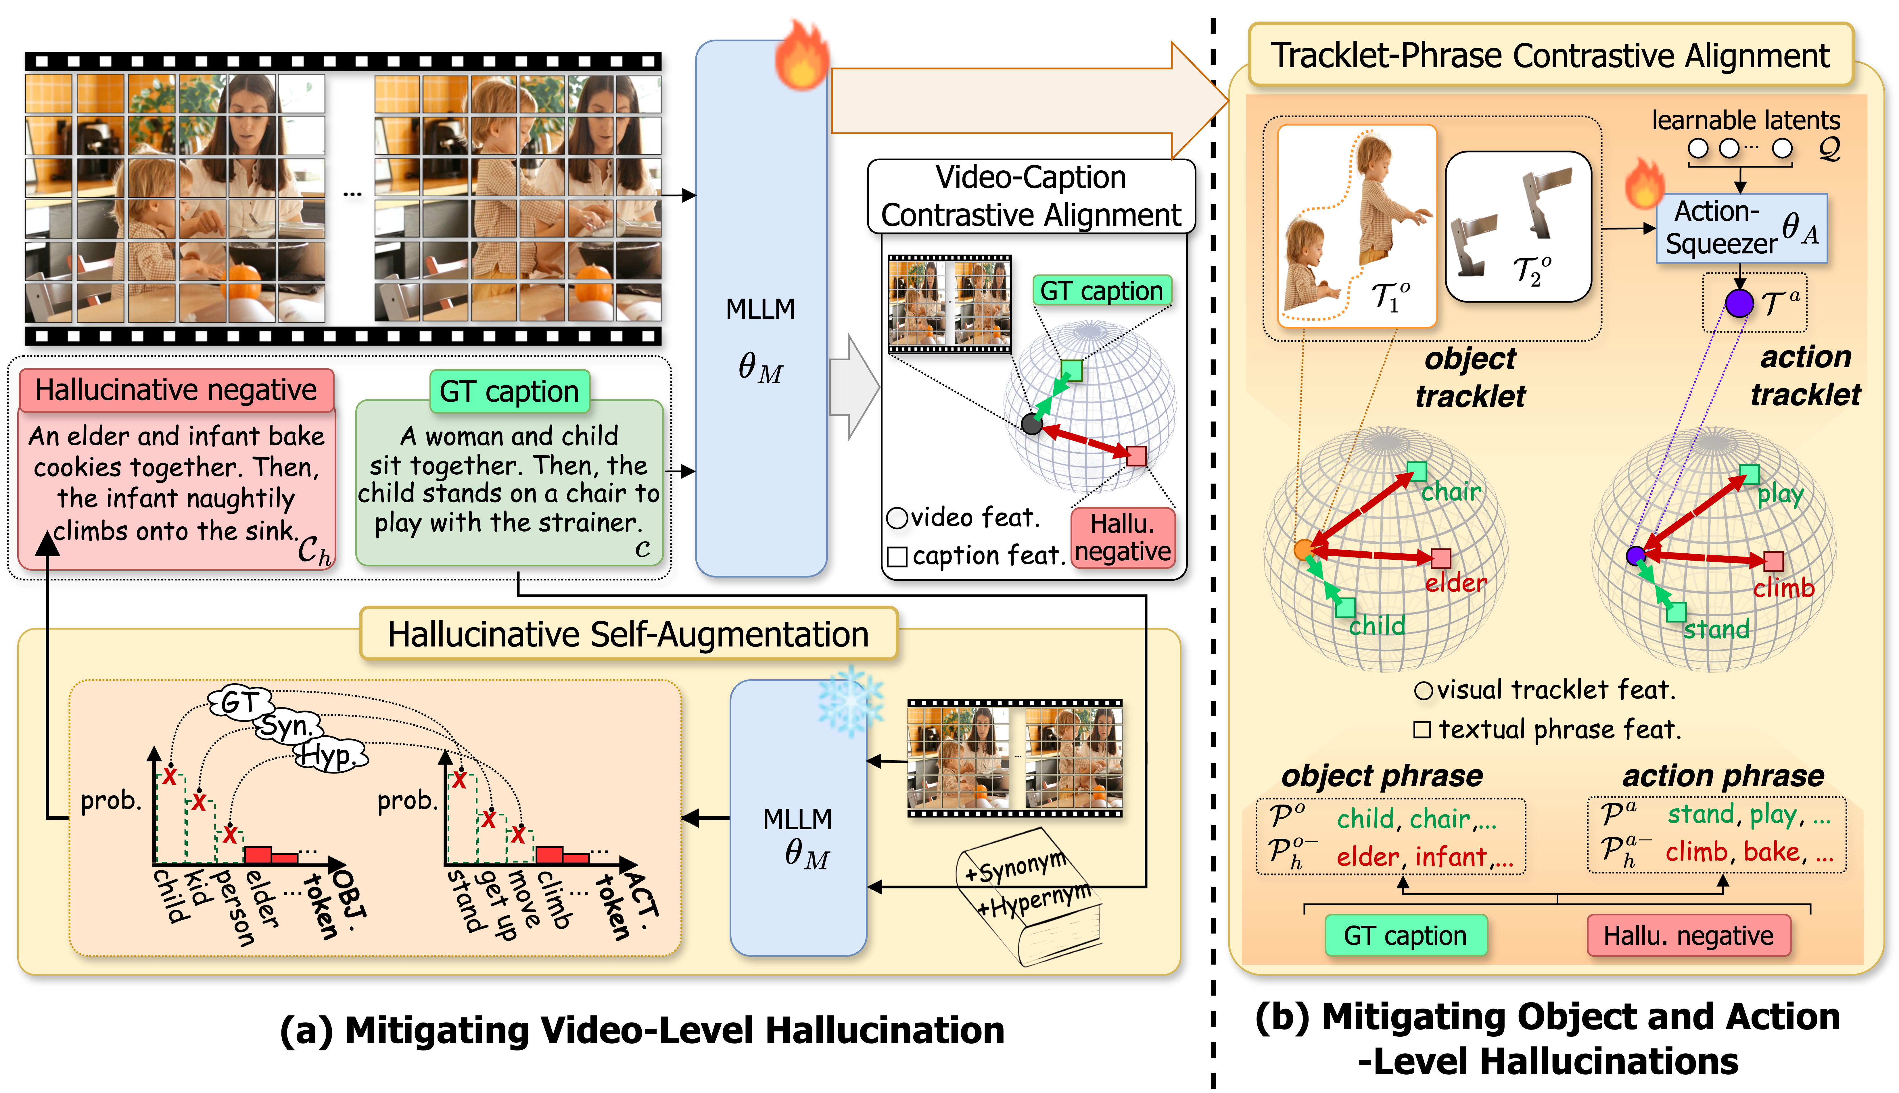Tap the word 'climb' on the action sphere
[1783, 588]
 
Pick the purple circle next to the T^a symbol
[1739, 303]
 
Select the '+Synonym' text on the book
[1015, 867]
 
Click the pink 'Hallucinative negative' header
[177, 390]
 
